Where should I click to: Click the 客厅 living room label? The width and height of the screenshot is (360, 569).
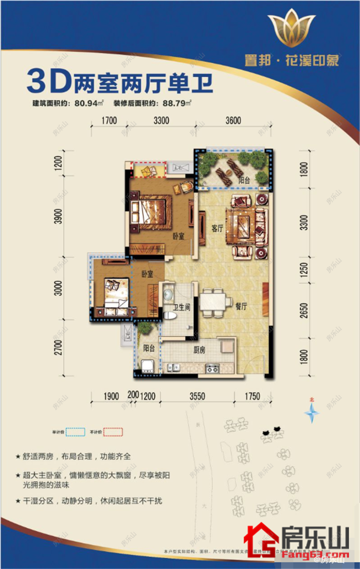217,229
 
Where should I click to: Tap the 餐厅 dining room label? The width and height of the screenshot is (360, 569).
242,306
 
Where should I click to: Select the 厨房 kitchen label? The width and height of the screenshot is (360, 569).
199,350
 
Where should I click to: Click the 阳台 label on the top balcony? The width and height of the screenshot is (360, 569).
245,180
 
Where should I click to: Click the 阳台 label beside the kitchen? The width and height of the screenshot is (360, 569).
149,348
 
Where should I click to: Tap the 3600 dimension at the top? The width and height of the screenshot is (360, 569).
232,121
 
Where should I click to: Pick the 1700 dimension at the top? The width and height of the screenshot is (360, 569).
109,121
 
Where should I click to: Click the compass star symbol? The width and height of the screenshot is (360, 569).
311,412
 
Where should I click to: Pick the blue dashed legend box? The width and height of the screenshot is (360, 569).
76,432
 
